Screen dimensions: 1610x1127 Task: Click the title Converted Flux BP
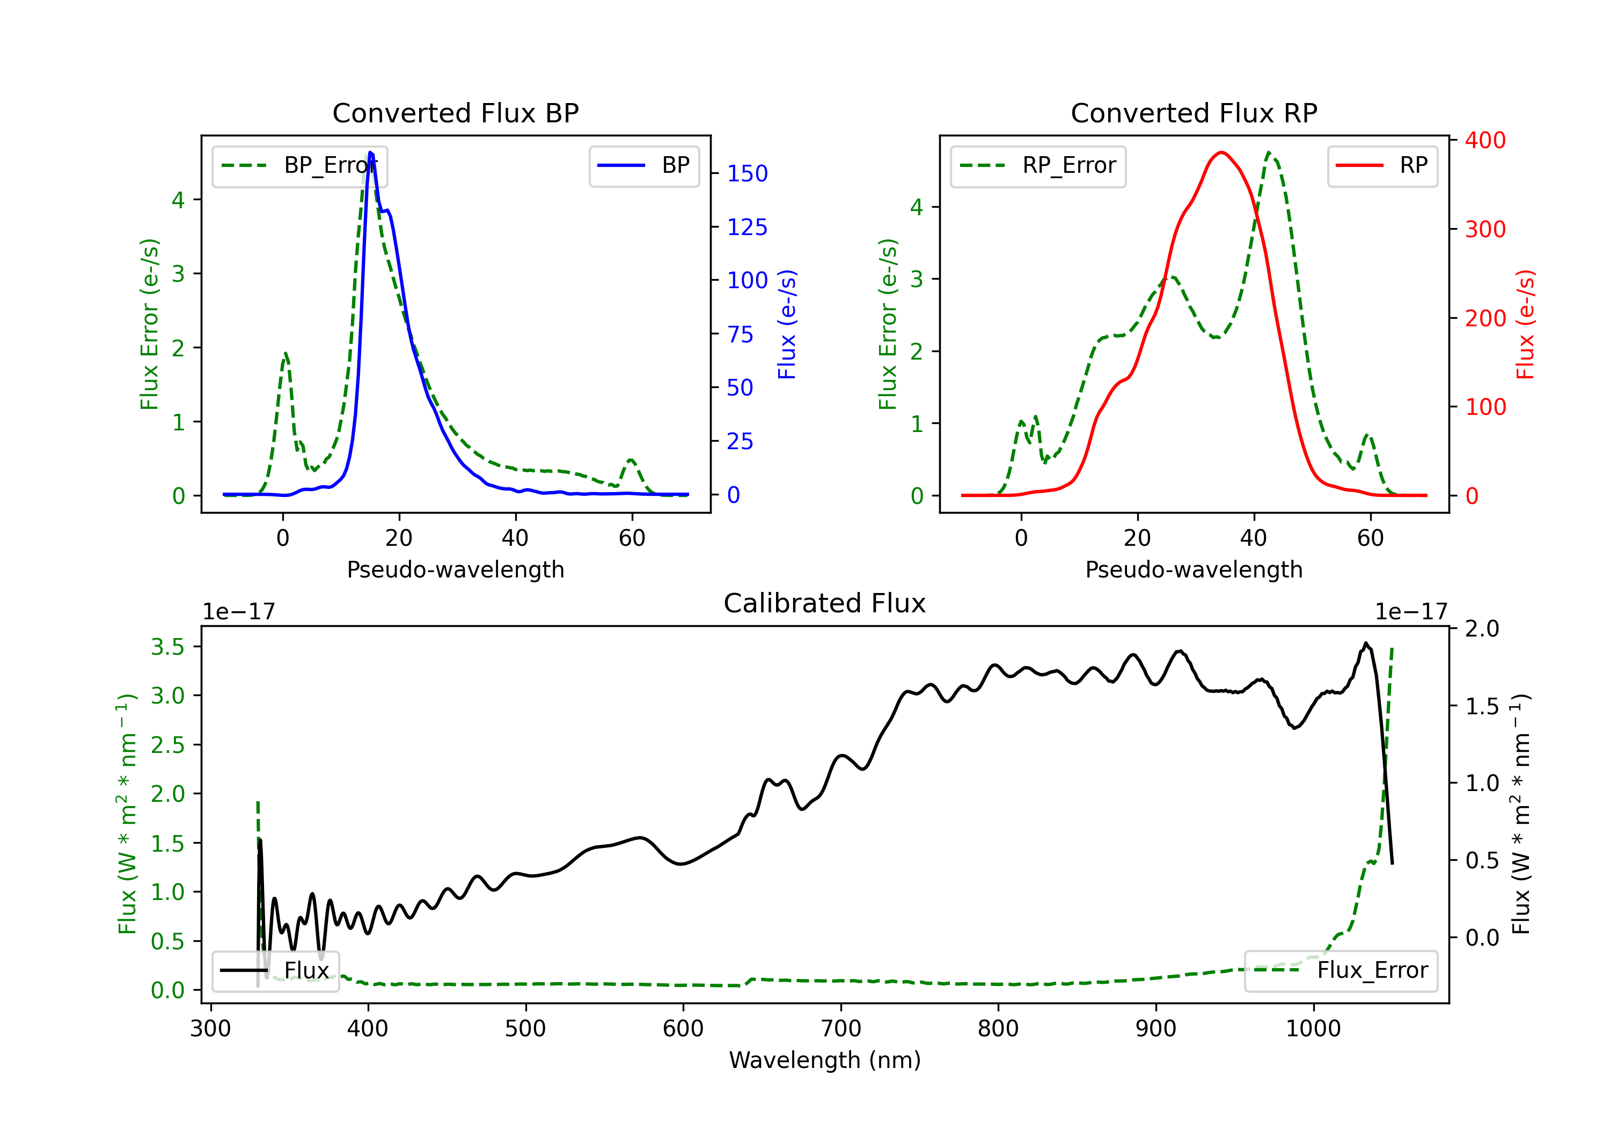coord(455,113)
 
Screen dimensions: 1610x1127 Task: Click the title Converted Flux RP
coord(1194,113)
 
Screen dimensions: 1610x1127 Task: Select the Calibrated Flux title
coord(825,603)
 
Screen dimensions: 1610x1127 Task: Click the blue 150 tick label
coord(747,173)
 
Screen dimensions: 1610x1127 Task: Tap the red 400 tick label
coord(1485,140)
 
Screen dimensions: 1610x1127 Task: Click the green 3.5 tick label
coord(167,647)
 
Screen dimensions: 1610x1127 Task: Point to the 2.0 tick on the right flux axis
coord(1482,628)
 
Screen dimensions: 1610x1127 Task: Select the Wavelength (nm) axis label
coord(825,1060)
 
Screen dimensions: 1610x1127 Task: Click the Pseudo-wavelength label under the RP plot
coord(1194,569)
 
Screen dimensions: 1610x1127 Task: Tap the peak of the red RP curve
coord(1221,152)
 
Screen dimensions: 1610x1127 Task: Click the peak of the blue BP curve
coord(370,153)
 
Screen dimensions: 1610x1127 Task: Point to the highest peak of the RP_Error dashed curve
coord(1269,152)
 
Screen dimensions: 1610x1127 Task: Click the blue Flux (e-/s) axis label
coord(787,324)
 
